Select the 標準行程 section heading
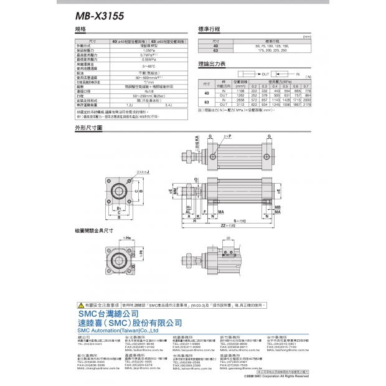pyautogui.click(x=210, y=29)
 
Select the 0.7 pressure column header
pyautogui.click(x=307, y=86)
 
